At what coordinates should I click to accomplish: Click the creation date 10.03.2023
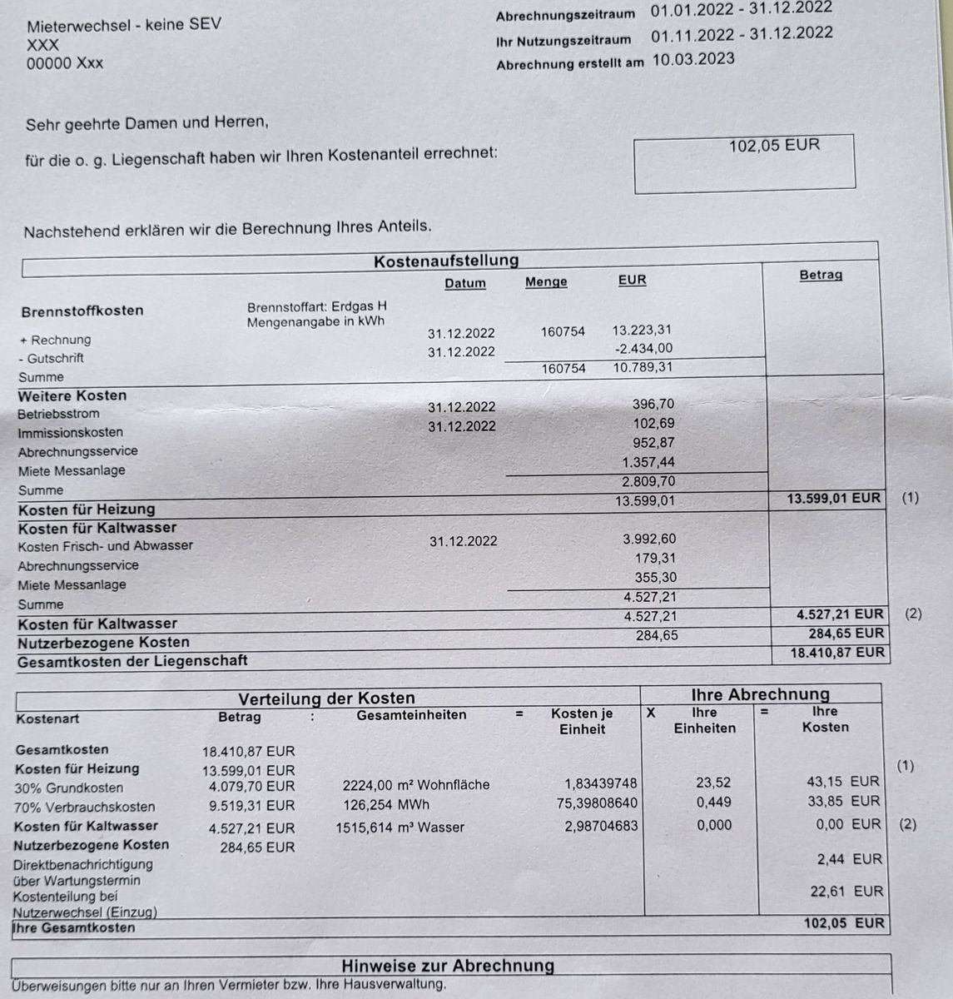coord(692,59)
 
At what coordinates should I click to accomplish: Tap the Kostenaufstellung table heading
coord(446,261)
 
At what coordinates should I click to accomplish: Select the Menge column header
coord(546,282)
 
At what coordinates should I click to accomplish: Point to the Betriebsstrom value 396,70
coord(654,405)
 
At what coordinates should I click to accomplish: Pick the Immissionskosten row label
coord(71,432)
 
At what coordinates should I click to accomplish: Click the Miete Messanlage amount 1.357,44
coord(648,462)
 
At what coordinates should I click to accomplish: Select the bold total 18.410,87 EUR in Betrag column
coord(837,653)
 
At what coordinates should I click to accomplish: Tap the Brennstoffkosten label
coord(82,311)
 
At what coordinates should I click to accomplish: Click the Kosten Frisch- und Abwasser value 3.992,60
coord(649,539)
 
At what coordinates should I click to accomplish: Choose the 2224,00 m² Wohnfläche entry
coord(416,784)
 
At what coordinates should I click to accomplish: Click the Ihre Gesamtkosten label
coord(74,927)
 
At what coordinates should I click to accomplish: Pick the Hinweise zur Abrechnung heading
coord(448,966)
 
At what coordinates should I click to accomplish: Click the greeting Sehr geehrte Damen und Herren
coord(147,124)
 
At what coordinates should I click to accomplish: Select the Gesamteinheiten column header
coord(411,715)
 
